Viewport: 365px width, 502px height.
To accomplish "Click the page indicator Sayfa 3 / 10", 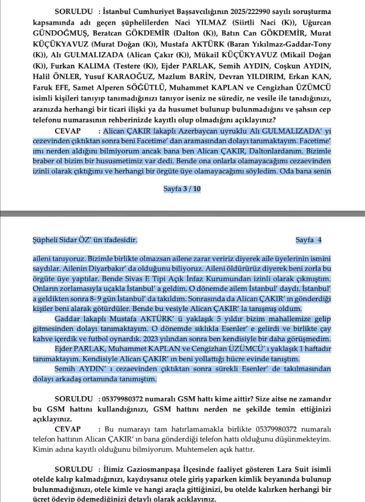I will [182, 189].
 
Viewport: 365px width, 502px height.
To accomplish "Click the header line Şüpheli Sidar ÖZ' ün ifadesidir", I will [84, 240].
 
